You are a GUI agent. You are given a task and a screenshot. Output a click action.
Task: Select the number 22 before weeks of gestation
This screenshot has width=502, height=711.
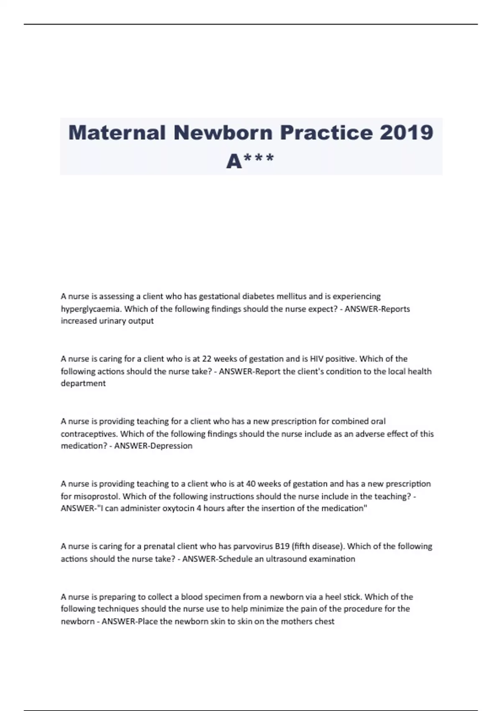pyautogui.click(x=207, y=359)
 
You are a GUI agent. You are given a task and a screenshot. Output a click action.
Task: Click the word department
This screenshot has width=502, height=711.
pyautogui.click(x=83, y=384)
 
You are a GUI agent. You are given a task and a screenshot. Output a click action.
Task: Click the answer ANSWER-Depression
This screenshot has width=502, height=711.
pyautogui.click(x=153, y=446)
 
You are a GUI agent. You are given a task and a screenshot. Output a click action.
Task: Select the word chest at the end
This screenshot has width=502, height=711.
pyautogui.click(x=325, y=621)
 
